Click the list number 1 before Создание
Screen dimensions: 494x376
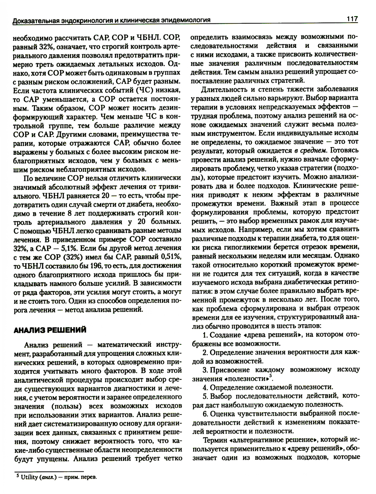(x=205, y=334)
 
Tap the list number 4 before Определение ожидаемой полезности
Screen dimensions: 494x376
(x=205, y=387)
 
